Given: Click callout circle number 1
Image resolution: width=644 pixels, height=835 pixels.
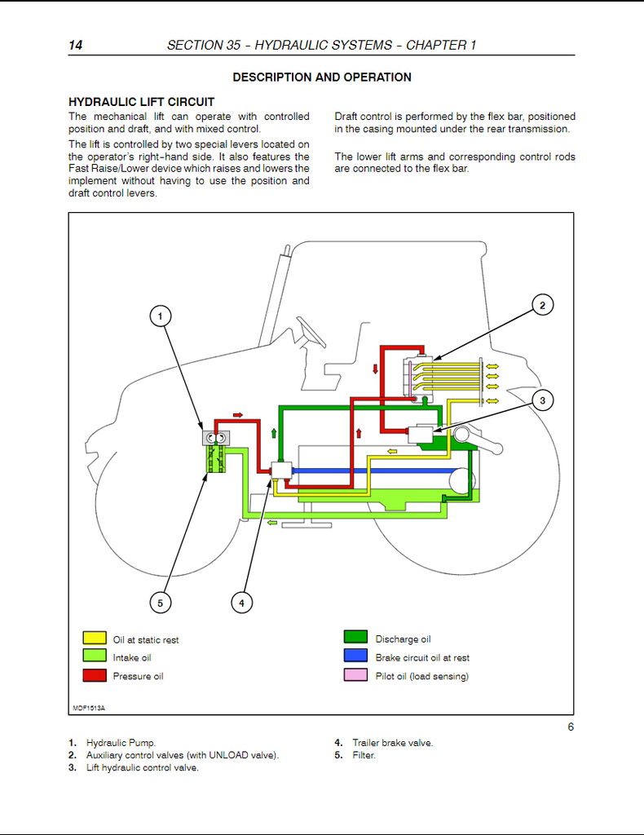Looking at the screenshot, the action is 161,316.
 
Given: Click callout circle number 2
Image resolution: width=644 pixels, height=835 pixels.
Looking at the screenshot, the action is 542,305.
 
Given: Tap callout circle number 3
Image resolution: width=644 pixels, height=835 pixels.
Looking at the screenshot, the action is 542,400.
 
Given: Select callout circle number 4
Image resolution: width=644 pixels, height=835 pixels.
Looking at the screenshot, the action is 241,603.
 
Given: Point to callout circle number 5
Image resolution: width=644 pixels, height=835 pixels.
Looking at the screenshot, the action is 161,603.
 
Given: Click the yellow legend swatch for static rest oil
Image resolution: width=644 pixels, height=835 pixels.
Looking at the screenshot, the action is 95,638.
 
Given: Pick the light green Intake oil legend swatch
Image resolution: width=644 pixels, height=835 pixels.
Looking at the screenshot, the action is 95,656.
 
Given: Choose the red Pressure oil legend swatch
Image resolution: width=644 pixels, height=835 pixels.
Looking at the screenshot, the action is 95,674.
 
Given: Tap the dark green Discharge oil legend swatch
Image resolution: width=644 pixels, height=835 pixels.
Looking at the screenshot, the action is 355,637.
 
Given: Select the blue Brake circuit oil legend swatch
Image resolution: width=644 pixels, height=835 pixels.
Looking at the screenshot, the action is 355,656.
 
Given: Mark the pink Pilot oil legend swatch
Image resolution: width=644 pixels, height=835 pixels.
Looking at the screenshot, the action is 355,674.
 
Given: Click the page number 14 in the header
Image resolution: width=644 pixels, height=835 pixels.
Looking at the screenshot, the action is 76,45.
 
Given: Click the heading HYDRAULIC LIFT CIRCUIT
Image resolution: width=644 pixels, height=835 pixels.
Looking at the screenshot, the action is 142,102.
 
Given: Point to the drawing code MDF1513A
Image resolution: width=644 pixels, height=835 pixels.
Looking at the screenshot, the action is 89,709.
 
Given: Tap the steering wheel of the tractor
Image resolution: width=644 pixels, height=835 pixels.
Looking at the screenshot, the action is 311,332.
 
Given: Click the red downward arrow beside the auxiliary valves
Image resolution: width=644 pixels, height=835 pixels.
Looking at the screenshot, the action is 375,369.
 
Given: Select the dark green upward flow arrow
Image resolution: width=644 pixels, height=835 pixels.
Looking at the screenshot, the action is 274,433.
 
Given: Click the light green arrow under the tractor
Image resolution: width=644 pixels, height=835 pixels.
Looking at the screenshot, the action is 272,523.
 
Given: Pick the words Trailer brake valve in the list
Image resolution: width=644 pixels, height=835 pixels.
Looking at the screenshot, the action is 393,743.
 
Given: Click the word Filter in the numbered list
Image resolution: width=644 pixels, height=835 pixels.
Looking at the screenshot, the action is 364,755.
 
